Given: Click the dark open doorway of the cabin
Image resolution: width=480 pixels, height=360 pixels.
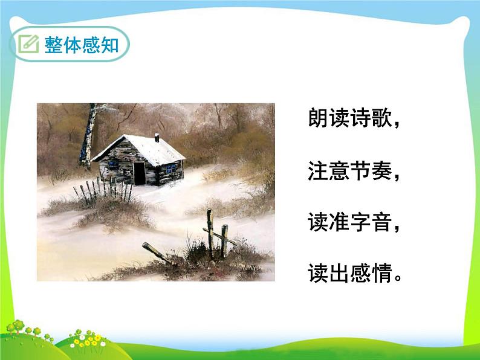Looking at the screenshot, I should pyautogui.click(x=140, y=173).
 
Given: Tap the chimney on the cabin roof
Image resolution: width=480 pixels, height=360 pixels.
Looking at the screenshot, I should pyautogui.click(x=157, y=138).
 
